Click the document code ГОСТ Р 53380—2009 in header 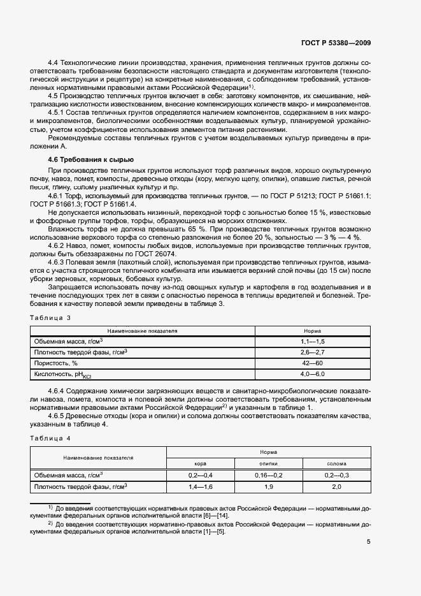click(336, 43)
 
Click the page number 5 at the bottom click(369, 542)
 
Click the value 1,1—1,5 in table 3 click(312, 342)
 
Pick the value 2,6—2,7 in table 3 click(312, 353)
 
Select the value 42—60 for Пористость click(312, 363)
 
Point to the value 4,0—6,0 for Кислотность click(312, 374)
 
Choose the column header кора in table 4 click(201, 463)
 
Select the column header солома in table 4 click(336, 463)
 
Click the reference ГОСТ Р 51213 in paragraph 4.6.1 click(295, 197)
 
